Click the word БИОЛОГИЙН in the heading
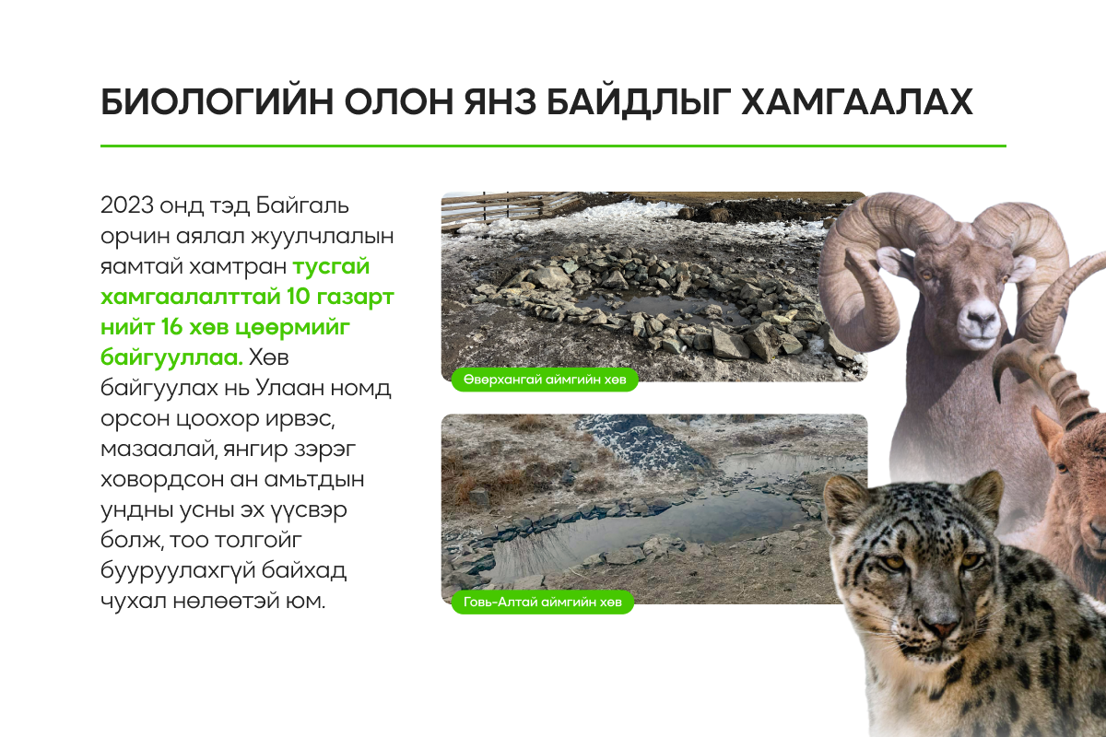(217, 102)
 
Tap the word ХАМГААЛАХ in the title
(858, 102)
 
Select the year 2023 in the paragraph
(127, 205)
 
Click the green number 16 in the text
(172, 327)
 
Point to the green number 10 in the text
(299, 297)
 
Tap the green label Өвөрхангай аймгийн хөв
(545, 380)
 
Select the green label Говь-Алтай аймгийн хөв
(542, 602)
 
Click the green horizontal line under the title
(553, 146)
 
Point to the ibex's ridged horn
(1047, 380)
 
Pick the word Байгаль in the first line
(302, 205)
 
